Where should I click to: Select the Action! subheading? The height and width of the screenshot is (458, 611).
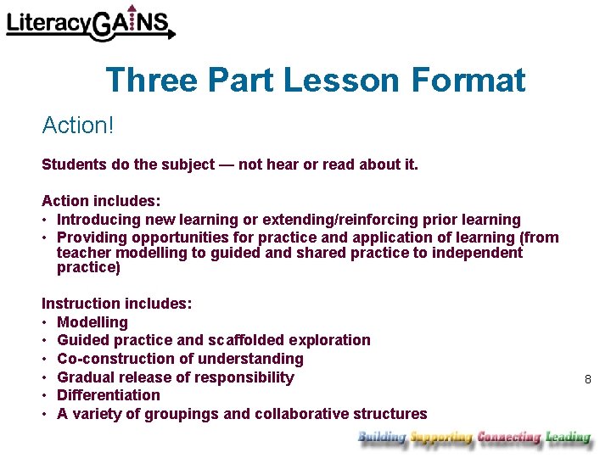pos(77,126)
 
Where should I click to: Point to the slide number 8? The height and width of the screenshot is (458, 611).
pos(587,379)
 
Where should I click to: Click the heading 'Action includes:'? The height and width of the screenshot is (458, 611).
pos(101,202)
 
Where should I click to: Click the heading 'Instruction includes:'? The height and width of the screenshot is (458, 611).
pos(117,304)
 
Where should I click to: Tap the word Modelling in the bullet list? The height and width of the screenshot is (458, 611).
pos(92,322)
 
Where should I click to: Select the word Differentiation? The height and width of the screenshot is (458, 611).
pos(109,395)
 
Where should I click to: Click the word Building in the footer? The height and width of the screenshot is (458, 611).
pos(382,438)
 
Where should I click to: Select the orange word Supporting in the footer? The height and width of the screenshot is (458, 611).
pos(440,438)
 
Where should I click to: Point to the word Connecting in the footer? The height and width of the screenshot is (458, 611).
pos(508,438)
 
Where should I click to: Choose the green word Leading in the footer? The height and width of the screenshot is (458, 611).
pos(568,438)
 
